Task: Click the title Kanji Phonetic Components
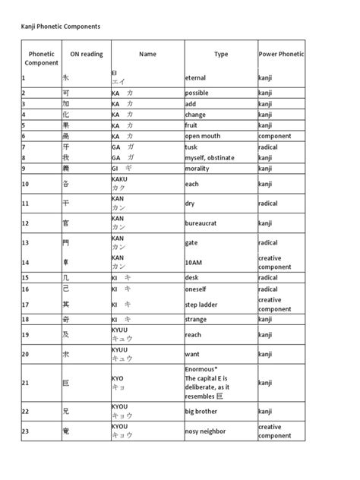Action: click(60, 26)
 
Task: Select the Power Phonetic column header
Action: click(281, 55)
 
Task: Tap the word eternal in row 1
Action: click(196, 77)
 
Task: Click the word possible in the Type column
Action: click(198, 93)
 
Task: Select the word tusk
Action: click(192, 147)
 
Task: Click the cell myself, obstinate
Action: click(210, 157)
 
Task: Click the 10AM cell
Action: click(194, 263)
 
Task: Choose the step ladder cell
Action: click(201, 305)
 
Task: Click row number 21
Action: click(25, 384)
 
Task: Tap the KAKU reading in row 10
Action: click(119, 179)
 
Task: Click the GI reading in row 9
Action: click(116, 168)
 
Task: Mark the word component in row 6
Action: click(275, 136)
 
